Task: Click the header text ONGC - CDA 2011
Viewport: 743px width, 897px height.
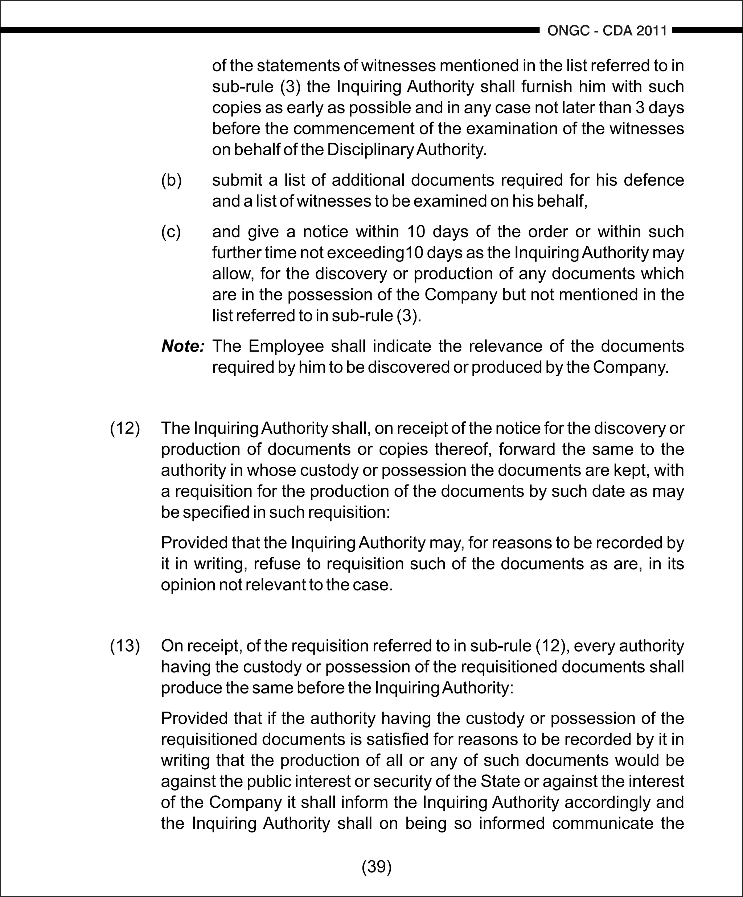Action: point(607,31)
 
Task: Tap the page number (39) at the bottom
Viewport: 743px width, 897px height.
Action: point(377,866)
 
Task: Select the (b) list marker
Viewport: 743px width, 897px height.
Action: point(171,180)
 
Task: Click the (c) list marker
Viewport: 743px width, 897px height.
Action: point(171,232)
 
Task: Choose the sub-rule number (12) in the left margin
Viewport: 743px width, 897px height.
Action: point(125,429)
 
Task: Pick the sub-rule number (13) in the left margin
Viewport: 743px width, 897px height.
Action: point(125,646)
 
